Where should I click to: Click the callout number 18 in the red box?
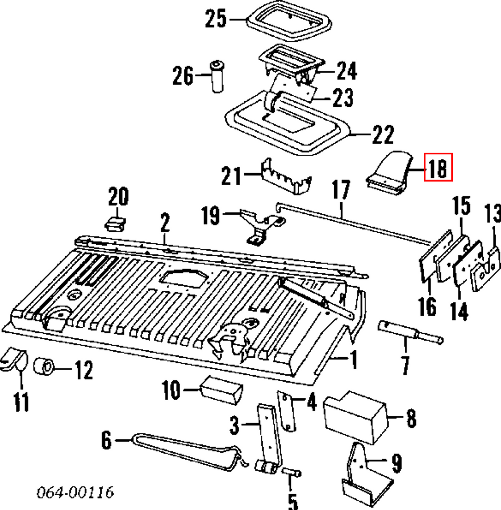click(438, 167)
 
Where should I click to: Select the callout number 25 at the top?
click(216, 19)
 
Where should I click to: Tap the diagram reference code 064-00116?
click(75, 492)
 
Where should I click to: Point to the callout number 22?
click(383, 135)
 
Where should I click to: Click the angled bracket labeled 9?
click(363, 475)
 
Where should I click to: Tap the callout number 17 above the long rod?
click(341, 190)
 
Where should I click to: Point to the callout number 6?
click(106, 440)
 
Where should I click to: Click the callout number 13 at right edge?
click(492, 215)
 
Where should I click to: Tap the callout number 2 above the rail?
click(165, 223)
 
